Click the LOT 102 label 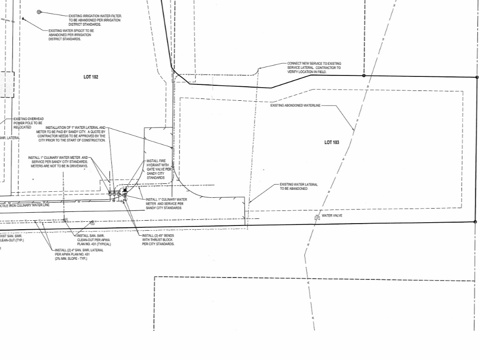point(90,77)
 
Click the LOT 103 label point(331,142)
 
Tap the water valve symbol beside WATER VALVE point(317,217)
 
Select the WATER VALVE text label point(332,216)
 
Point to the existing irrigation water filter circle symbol point(39,12)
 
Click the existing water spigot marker point(22,19)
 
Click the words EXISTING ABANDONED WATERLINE point(295,106)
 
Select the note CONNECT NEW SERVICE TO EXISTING point(314,63)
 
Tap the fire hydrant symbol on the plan point(125,191)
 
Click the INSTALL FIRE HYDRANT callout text point(157,161)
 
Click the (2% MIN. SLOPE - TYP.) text point(71,259)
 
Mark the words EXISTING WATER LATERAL point(299,185)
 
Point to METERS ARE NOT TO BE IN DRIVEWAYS point(59,166)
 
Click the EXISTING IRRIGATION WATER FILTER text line point(95,16)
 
